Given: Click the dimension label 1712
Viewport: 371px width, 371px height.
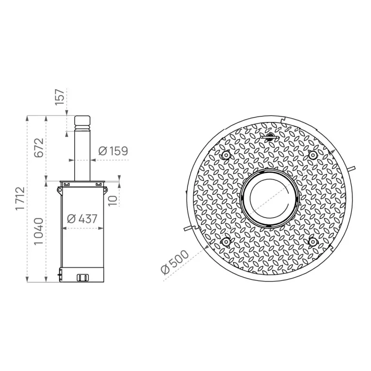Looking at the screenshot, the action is coord(20,198).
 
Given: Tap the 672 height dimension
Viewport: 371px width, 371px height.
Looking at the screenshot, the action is coord(39,147).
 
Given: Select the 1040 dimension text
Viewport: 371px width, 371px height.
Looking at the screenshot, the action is coord(39,231).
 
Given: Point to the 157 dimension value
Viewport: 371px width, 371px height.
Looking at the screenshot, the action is coord(60,97).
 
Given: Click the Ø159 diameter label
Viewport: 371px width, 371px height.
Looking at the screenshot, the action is coord(113,151).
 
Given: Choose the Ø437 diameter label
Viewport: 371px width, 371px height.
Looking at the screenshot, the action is coord(82,219).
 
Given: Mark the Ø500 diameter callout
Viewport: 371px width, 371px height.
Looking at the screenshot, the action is coord(175,262).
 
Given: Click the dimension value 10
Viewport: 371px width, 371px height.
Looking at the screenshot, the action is coord(113,201).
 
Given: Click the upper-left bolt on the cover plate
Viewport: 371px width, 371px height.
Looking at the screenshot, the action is coord(226,155).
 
